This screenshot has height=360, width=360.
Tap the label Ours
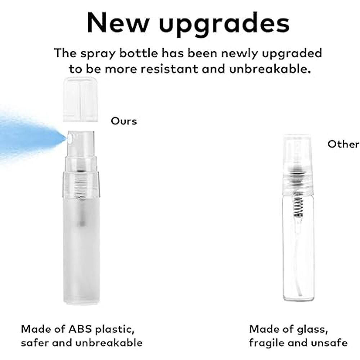click(x=124, y=121)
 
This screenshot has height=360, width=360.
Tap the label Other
click(x=343, y=144)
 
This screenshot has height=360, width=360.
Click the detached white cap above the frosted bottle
click(x=81, y=100)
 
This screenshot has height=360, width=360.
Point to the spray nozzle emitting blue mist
click(x=69, y=138)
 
